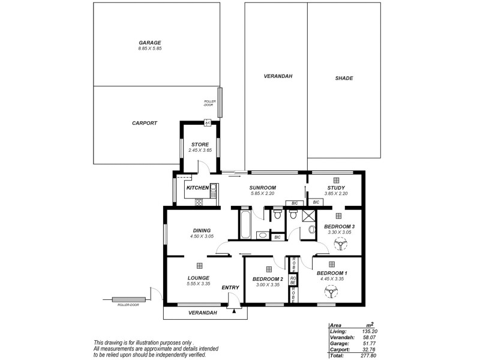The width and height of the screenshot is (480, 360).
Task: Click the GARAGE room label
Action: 150,43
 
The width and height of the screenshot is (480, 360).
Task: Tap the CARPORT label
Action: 144,122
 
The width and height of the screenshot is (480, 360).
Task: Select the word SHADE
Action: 344,78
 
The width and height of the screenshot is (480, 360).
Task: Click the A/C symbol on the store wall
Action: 208,122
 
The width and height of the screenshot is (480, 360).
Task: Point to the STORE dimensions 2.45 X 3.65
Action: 200,150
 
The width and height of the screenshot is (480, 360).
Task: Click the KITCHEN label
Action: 197,188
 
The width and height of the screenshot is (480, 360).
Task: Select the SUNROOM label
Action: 262,188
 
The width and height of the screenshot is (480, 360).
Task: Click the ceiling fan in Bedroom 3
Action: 340,245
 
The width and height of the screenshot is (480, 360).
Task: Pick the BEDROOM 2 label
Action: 267,279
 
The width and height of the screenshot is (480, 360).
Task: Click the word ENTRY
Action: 230,287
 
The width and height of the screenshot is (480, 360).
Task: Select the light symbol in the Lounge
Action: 199,266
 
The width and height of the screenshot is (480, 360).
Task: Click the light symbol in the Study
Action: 337,179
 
